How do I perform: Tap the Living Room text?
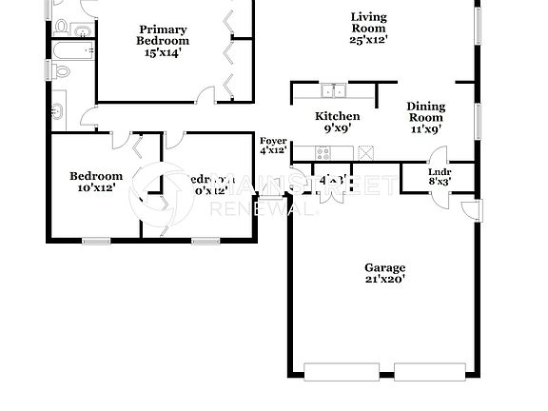(x=369, y=23)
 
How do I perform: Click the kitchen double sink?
(x=333, y=91)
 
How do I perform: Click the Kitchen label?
(x=338, y=117)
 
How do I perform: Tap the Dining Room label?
(x=425, y=112)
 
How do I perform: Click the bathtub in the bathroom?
(x=70, y=51)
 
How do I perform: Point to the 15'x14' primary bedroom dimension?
(x=163, y=53)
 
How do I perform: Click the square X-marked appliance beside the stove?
(x=364, y=151)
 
